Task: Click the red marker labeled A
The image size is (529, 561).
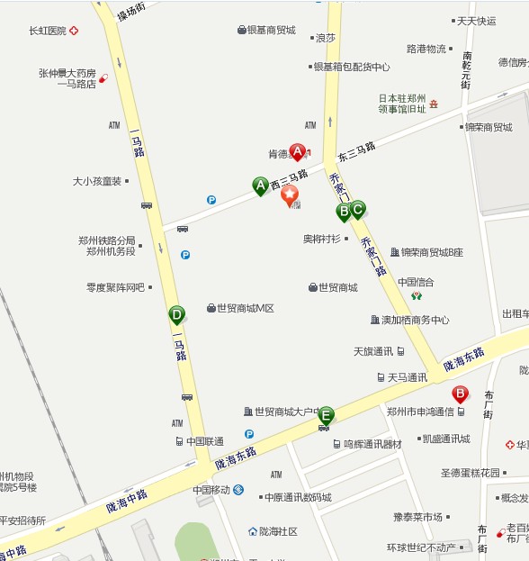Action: point(297,153)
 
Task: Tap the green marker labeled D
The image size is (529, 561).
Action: point(176,315)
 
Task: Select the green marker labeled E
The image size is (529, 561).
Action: point(326,415)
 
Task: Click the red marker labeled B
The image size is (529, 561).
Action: point(460,394)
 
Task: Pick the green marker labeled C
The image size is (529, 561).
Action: point(357,210)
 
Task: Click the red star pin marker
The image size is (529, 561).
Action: point(291,195)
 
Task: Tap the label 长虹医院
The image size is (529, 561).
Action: point(48,31)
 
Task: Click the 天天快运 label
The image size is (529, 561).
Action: point(476,21)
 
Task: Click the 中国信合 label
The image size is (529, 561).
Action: point(416,282)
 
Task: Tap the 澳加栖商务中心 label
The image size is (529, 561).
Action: point(415,320)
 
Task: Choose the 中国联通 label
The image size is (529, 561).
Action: point(205,441)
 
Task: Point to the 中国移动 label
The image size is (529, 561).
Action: point(211,490)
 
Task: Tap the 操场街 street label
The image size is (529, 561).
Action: point(131,14)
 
